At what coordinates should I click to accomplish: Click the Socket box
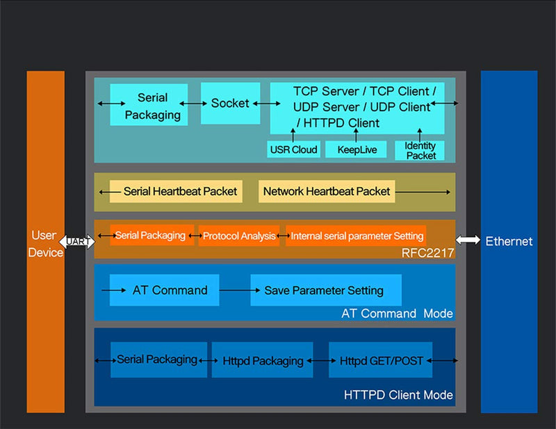230,104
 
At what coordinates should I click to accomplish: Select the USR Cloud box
293,149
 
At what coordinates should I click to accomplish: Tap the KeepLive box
356,149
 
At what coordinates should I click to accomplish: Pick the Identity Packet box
420,150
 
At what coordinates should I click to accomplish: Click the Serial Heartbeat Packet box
176,192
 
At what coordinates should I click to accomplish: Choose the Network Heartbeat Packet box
327,192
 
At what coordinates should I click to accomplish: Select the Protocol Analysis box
239,236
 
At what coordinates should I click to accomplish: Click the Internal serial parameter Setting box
356,236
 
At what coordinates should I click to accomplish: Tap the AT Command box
165,290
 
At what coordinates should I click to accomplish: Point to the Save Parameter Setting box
326,290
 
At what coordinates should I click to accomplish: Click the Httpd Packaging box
263,359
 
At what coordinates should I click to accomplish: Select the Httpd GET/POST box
380,359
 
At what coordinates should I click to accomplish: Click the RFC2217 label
427,253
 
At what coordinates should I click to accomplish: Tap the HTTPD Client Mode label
398,395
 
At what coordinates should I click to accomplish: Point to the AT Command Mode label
397,314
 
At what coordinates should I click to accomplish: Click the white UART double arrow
77,242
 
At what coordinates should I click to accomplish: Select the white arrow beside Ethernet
468,240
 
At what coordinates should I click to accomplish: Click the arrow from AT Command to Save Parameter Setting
240,290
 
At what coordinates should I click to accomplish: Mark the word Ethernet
509,241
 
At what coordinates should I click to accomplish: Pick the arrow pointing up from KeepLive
356,135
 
